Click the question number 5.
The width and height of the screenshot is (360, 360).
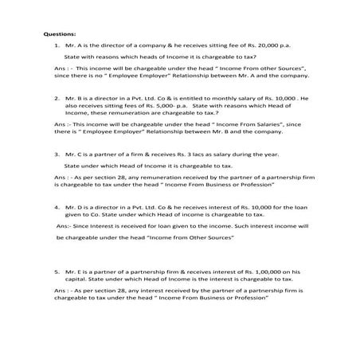click(57, 271)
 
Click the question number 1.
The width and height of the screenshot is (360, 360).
click(57, 47)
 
